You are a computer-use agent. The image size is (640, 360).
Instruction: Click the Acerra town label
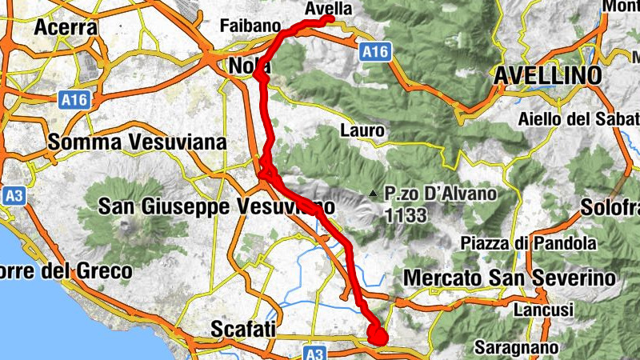coord(66,28)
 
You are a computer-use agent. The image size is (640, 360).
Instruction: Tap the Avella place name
coord(328,8)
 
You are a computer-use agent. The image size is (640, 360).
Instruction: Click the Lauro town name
coord(363,130)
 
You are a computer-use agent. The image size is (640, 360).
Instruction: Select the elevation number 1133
coord(406,214)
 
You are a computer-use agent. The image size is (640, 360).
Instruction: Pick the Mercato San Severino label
coord(510,278)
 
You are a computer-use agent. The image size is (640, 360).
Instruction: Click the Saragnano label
coord(515,347)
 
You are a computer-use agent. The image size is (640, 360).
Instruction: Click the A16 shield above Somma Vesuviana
coord(73,100)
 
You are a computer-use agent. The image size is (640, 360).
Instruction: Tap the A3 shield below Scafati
coord(315,353)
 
